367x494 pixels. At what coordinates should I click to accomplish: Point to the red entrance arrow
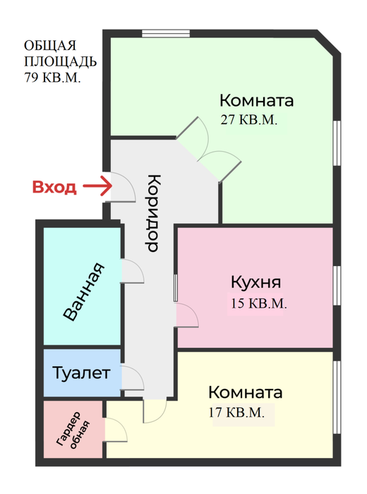tap(98, 187)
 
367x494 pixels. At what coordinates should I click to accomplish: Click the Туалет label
tap(82, 372)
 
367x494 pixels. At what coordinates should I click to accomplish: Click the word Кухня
tap(255, 283)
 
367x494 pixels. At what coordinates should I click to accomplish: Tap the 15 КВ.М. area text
tap(258, 305)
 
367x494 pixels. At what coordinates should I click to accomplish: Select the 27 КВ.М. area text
tap(250, 120)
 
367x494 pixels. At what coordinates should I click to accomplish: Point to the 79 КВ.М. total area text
tap(52, 78)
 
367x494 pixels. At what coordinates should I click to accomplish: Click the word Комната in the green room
tap(257, 100)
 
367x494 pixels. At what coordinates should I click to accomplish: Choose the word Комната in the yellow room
tap(246, 392)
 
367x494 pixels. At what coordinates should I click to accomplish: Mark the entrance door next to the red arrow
tap(119, 188)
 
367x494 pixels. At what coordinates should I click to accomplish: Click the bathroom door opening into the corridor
tap(132, 270)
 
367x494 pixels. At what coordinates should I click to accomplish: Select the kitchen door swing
tap(187, 315)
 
